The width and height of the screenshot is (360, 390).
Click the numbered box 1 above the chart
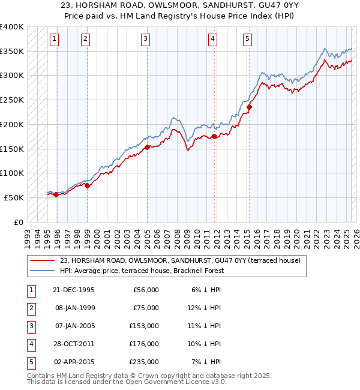(54, 39)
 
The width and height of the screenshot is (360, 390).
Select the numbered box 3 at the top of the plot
(146, 39)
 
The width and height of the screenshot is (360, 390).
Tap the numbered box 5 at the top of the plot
(248, 39)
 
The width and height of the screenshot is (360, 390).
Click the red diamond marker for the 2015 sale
(249, 107)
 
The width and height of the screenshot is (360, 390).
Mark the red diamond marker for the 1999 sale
(87, 185)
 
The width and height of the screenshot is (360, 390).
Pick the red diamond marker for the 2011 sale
(215, 136)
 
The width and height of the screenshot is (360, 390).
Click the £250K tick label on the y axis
(13, 100)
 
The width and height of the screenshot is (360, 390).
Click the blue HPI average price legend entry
(142, 271)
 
